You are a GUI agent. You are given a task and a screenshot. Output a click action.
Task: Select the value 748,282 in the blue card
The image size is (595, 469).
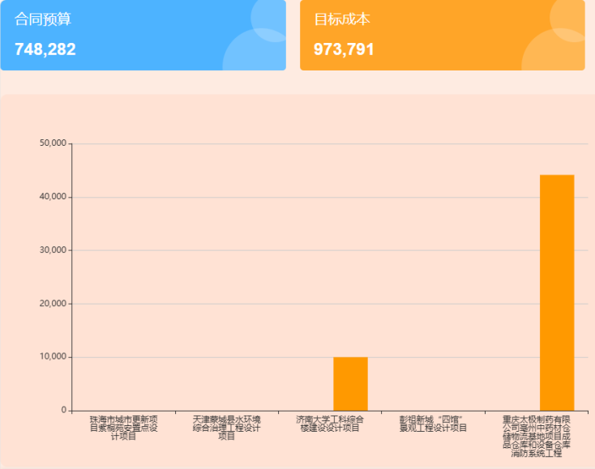[x=45, y=49]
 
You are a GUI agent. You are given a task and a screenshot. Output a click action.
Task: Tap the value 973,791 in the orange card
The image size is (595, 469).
[x=344, y=49]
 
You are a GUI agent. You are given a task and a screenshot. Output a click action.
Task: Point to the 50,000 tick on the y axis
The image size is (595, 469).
[x=52, y=143]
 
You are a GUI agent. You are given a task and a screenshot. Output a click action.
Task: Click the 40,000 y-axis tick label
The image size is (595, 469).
[x=52, y=197]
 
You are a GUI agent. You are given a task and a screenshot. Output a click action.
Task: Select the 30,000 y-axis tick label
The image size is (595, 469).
[x=52, y=250]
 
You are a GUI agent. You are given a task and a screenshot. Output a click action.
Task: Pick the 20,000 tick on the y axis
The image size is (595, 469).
[x=52, y=304]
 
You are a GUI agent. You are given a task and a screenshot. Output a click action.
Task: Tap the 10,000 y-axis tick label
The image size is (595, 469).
[x=52, y=357]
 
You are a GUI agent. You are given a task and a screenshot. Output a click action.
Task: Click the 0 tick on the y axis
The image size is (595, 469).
[x=62, y=411]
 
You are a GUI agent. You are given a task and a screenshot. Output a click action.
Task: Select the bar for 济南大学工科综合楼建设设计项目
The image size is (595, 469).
[x=350, y=384]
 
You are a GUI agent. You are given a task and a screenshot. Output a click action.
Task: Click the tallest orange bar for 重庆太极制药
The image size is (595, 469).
[x=557, y=292]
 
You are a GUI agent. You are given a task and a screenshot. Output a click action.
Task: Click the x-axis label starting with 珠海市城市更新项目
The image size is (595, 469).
[x=123, y=428]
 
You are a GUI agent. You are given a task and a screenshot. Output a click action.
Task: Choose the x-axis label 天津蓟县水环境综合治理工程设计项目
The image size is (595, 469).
[x=226, y=428]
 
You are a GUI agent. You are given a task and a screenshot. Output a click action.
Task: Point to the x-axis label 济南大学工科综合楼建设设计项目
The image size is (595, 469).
[x=329, y=424]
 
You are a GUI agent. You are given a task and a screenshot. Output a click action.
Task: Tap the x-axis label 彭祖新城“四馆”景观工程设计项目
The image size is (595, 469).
[x=433, y=424]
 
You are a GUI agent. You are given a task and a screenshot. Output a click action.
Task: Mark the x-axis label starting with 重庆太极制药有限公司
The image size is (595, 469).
[x=536, y=436]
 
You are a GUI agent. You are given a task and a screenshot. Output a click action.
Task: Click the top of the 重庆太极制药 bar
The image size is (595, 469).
[x=557, y=176]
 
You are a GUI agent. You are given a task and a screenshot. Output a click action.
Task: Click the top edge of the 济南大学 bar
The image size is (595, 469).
[x=350, y=358]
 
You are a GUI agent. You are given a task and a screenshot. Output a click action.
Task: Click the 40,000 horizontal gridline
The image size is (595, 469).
[x=243, y=197]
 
